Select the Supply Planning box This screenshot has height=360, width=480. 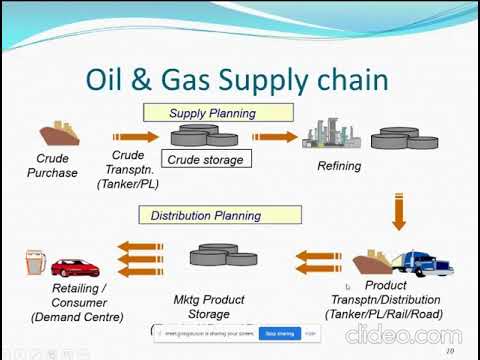(212, 113)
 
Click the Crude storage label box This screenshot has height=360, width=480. (204, 159)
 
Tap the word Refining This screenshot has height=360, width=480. (339, 166)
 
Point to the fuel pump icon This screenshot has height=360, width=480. (30, 265)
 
